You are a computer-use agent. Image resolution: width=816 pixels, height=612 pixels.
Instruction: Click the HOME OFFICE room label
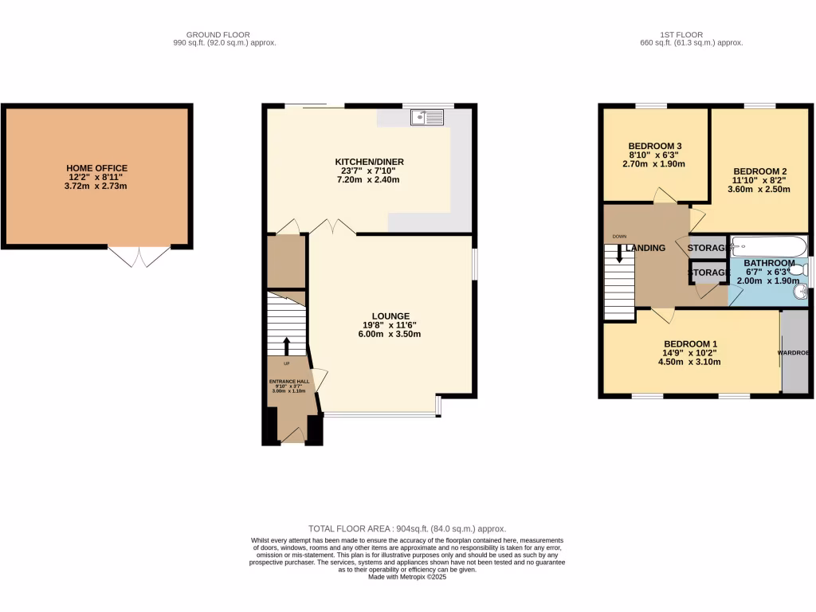(96, 168)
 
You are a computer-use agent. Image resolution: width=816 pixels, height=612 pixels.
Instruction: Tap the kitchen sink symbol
(428, 118)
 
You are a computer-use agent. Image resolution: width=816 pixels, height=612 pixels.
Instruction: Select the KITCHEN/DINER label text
(369, 162)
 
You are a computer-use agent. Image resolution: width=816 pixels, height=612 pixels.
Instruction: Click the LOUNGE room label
(389, 316)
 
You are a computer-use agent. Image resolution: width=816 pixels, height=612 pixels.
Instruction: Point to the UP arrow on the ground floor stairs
(287, 345)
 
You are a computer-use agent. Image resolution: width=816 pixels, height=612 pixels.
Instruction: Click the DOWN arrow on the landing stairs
(619, 254)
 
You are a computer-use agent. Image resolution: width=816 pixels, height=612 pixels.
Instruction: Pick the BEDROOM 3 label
(655, 145)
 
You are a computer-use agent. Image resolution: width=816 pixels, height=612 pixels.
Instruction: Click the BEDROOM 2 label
(760, 171)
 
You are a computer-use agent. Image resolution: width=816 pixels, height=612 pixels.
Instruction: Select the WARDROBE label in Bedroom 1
(794, 352)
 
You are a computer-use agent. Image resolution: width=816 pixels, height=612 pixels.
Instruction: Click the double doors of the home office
(139, 256)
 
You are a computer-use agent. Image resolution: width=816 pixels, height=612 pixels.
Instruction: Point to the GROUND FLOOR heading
(218, 35)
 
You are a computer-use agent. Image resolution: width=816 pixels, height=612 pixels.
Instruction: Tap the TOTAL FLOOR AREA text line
(407, 528)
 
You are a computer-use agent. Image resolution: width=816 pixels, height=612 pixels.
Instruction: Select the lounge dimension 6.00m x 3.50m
(389, 334)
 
